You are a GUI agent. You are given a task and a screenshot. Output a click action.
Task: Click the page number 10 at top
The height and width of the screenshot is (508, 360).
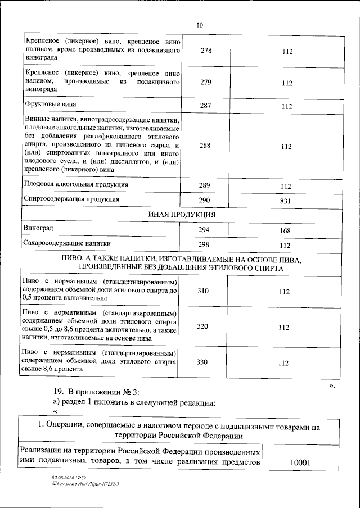[x=200, y=25]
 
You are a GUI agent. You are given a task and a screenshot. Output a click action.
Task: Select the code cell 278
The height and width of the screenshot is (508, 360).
[x=206, y=51]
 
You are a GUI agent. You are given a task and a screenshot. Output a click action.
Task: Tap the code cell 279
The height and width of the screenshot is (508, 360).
[x=206, y=83]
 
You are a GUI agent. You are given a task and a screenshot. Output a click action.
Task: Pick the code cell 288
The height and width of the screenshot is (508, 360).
[x=206, y=146]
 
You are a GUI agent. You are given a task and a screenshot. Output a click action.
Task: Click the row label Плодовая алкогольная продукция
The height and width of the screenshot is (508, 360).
[x=76, y=184]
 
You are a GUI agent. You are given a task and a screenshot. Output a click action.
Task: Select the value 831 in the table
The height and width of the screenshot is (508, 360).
[x=287, y=201]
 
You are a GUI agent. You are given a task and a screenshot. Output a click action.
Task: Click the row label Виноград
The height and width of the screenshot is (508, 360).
[x=39, y=229]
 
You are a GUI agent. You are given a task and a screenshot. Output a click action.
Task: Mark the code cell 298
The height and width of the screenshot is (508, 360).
[x=206, y=244]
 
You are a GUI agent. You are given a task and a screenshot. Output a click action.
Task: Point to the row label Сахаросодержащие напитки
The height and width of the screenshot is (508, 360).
[x=66, y=243]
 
